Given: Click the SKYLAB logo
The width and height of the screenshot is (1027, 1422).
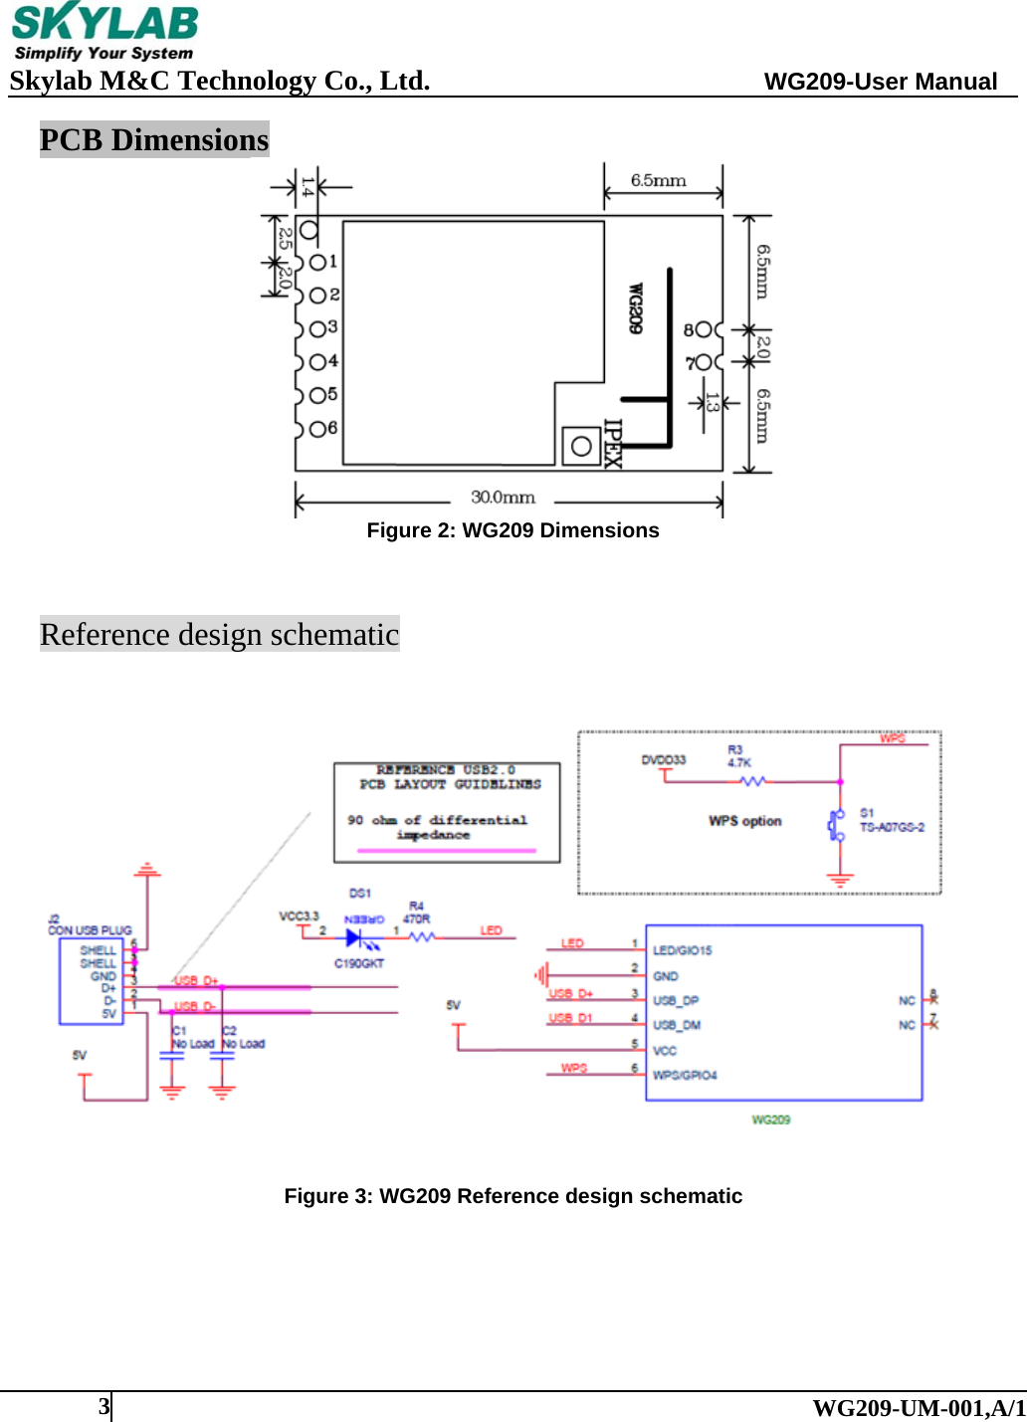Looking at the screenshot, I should coord(104,32).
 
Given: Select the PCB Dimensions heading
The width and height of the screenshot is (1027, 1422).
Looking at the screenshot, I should coord(154,140).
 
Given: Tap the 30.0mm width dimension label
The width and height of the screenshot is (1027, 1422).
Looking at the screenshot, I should coord(503,497).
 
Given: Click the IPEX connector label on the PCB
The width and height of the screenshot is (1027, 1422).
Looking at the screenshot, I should coord(613,444).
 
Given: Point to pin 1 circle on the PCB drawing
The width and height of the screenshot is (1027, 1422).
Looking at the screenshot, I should coord(317,262).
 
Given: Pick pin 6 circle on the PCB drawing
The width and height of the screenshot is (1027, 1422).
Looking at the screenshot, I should coord(317,429).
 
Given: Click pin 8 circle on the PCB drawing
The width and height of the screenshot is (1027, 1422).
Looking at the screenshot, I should coord(704,329).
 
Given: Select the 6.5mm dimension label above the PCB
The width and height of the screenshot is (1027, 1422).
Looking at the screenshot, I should coord(658,180).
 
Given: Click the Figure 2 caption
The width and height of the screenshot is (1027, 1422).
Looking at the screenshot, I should coord(513,530).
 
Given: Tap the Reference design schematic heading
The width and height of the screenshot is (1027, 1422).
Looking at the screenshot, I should coord(219,635).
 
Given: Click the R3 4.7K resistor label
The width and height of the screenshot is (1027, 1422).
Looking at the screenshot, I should coord(738,756).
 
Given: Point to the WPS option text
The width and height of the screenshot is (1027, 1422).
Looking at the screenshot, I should coord(744,821).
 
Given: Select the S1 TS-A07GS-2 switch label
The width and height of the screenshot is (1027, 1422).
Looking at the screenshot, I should coord(891,820).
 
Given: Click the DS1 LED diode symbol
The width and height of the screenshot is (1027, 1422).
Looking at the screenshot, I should coord(354,936).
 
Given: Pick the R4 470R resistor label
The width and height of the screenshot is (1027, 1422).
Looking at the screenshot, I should coord(417,913).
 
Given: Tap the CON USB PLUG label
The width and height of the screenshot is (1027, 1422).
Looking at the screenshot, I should coord(90,929).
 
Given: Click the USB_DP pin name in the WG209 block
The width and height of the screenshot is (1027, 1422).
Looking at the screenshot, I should coord(676,1000).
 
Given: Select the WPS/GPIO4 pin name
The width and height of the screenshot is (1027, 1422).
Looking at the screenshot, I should coord(685,1075).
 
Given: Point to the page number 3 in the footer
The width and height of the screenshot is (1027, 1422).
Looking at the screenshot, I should coord(103,1406).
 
